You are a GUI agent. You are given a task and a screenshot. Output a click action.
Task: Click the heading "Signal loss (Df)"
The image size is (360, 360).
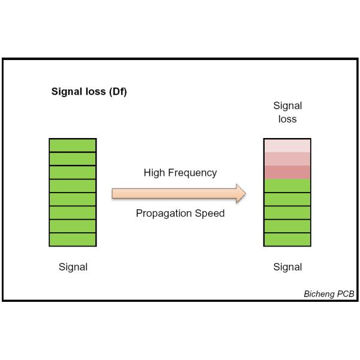(88, 92)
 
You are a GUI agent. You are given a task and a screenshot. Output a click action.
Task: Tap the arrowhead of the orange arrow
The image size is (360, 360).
(241, 193)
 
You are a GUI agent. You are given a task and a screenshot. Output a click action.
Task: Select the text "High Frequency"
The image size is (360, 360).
(180, 173)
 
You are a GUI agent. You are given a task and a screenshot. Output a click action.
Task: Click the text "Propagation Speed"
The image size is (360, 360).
(180, 214)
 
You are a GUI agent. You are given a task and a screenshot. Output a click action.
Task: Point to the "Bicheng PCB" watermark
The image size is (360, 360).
(329, 294)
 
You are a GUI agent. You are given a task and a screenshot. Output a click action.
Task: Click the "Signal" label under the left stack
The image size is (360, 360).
(73, 267)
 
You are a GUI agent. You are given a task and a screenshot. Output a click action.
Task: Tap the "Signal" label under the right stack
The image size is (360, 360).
(287, 267)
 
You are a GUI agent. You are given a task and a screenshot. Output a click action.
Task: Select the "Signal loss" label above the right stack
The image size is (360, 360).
(287, 112)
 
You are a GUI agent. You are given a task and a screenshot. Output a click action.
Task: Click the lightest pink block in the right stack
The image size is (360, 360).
(287, 145)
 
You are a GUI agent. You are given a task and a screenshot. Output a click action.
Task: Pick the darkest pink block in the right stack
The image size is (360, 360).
(287, 172)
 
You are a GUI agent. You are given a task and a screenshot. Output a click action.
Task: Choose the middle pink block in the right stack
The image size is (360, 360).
(287, 159)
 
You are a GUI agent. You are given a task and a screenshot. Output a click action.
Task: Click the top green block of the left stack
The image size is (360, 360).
(73, 145)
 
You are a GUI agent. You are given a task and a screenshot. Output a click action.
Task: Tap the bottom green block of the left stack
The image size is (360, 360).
(73, 239)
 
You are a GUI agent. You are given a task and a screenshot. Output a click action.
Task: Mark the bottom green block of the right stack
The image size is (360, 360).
(287, 239)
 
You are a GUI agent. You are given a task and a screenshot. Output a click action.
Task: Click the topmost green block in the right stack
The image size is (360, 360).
(287, 186)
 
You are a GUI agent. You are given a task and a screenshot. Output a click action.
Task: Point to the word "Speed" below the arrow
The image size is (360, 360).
(212, 214)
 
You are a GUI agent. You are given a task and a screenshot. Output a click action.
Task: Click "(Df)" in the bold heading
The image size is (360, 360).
(116, 92)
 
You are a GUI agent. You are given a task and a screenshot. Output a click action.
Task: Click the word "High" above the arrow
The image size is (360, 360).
(154, 173)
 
